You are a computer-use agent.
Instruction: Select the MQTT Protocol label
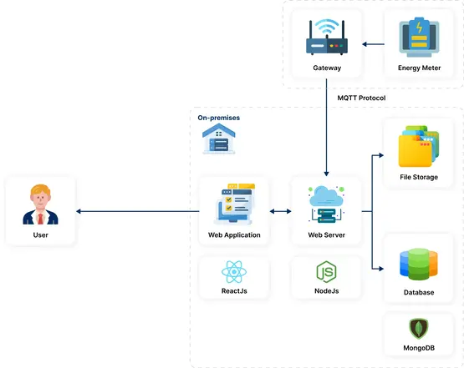click(x=361, y=98)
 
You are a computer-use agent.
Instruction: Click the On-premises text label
click(x=218, y=118)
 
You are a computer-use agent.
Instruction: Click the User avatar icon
click(x=39, y=205)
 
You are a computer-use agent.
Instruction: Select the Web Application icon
click(x=234, y=205)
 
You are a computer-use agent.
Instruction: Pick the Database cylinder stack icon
click(x=419, y=264)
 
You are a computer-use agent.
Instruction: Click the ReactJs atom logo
click(x=233, y=271)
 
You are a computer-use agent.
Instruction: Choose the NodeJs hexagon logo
click(x=326, y=271)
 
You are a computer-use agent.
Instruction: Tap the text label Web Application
click(x=234, y=235)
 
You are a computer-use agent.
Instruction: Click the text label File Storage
click(x=419, y=177)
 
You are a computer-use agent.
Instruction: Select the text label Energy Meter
click(x=419, y=68)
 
